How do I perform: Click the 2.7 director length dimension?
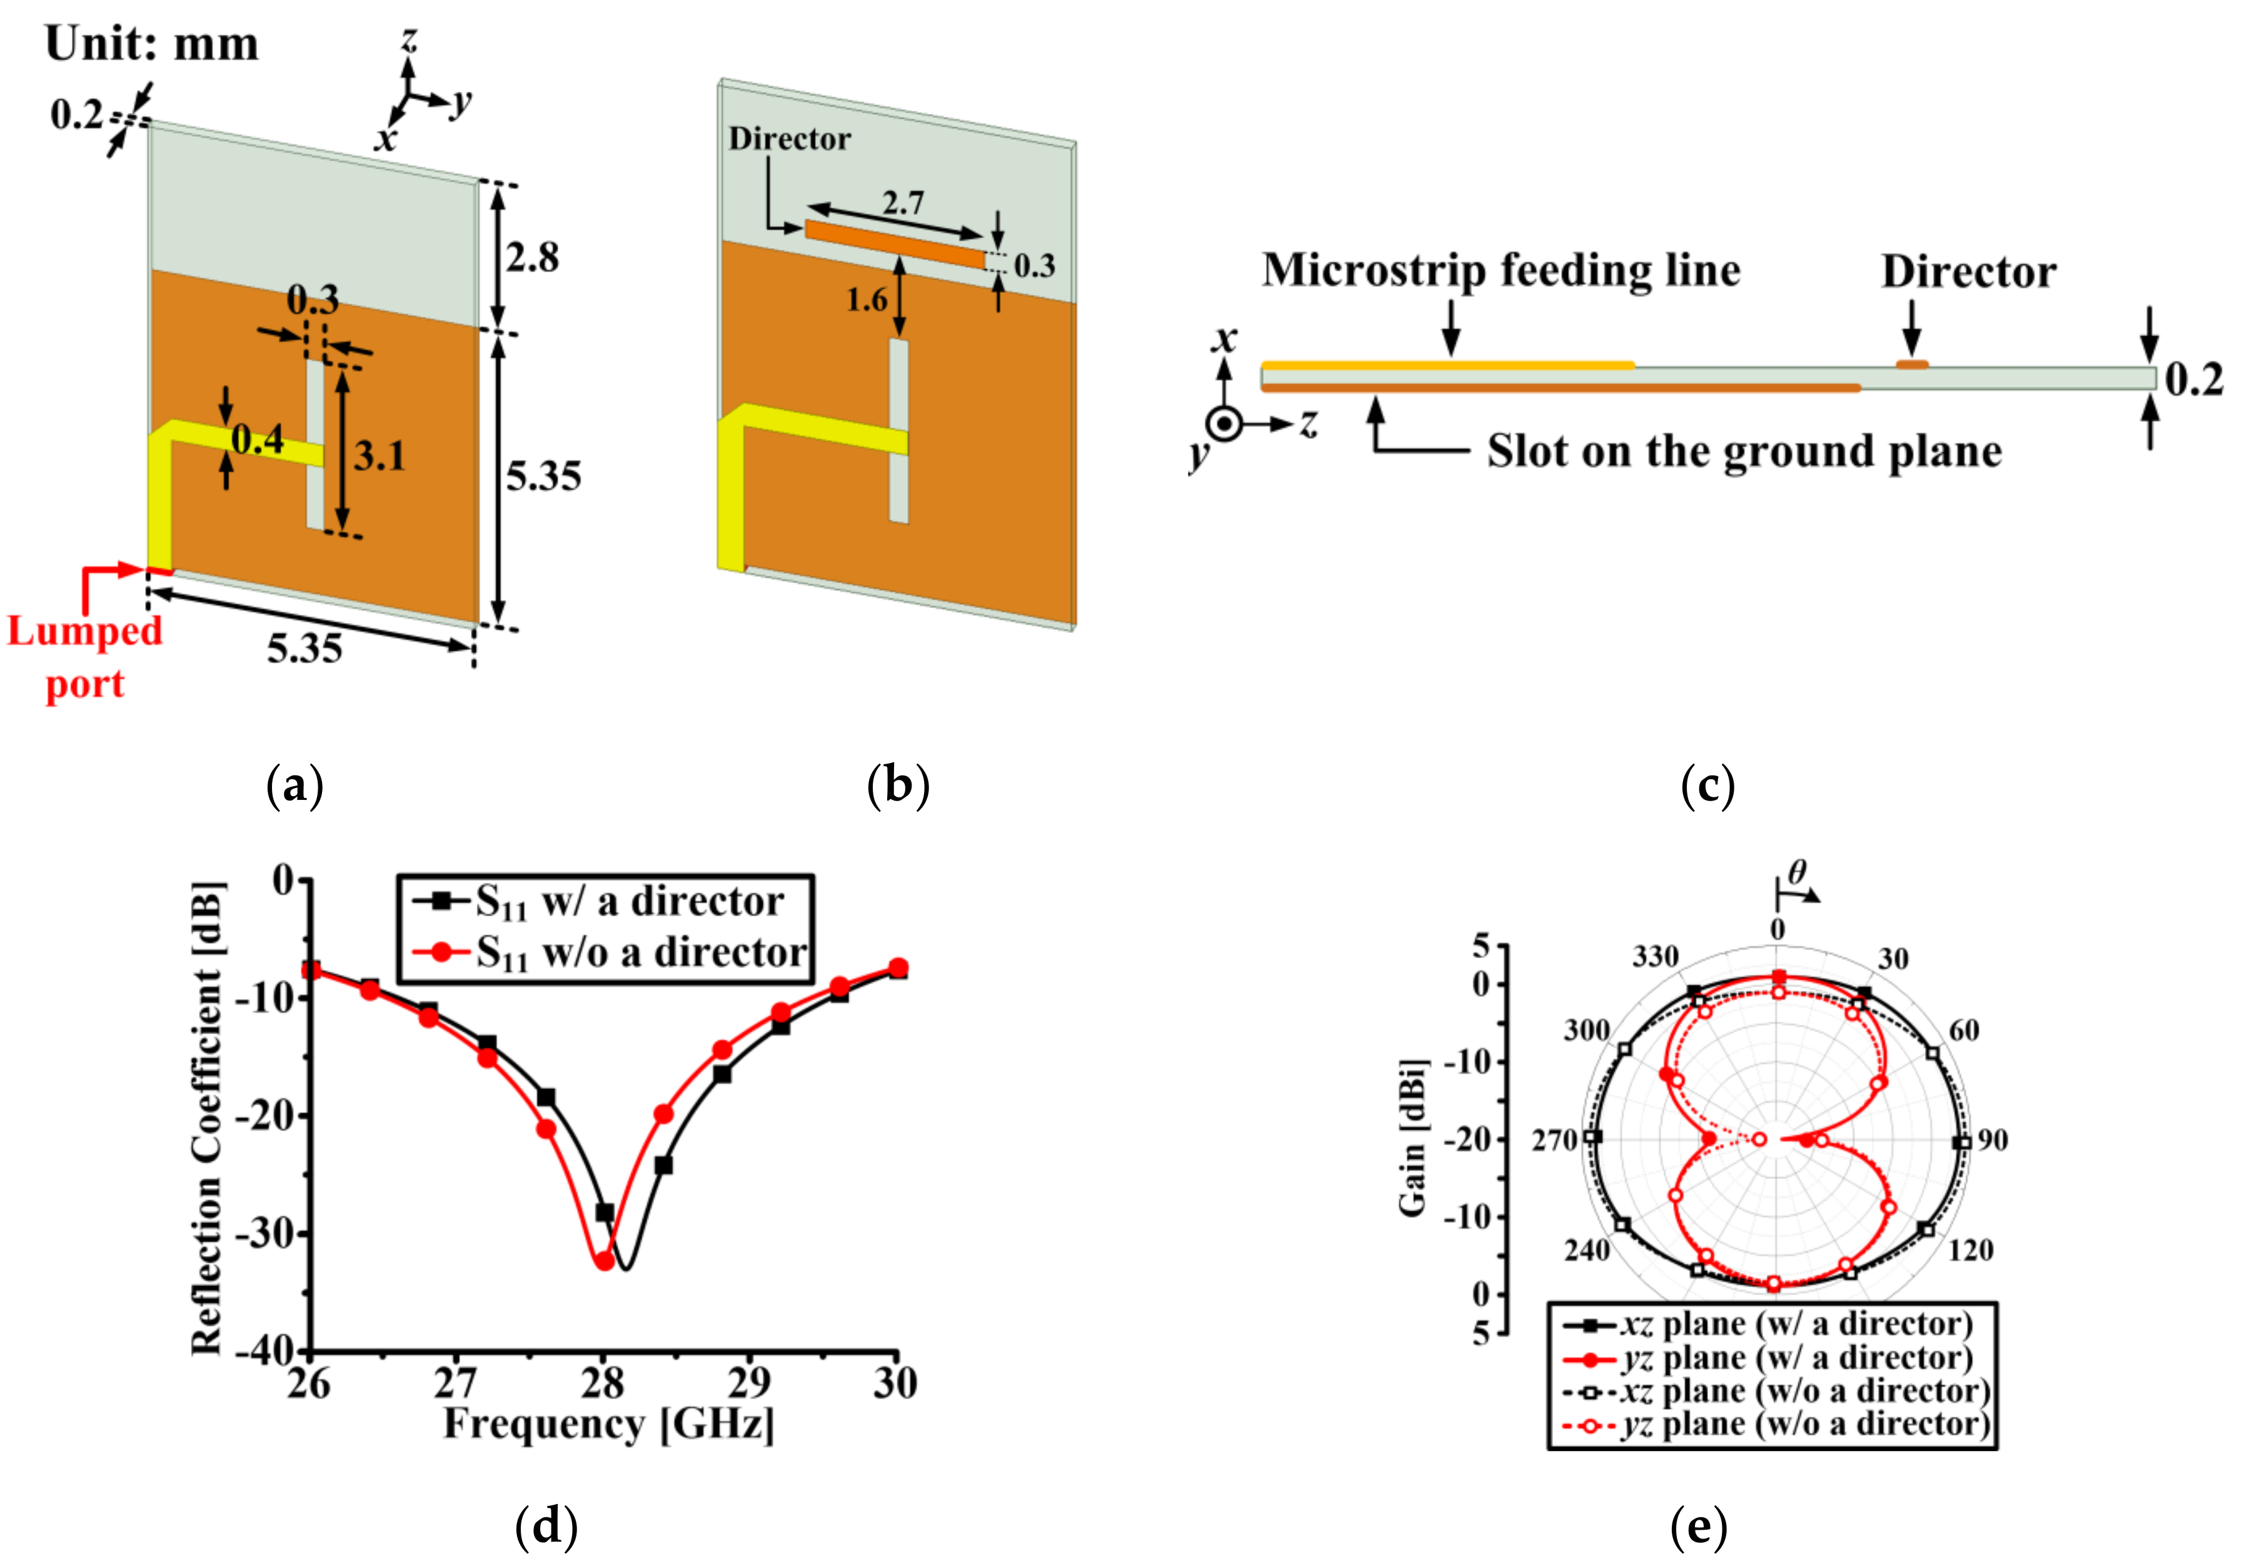click(x=903, y=203)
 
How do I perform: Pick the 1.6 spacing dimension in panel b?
click(x=866, y=300)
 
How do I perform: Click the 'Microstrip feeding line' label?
click(x=1501, y=271)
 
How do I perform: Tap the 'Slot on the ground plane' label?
click(x=1744, y=451)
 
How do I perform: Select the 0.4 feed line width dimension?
click(x=258, y=441)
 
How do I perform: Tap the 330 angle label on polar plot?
click(x=1655, y=957)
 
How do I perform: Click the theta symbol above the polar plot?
click(x=1797, y=871)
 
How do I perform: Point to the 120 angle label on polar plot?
click(x=1971, y=1250)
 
